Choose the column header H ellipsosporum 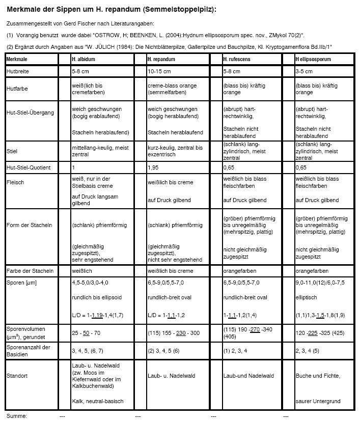pos(313,60)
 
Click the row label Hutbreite pos(18,72)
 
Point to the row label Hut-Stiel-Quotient pos(29,167)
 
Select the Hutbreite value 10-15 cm pos(159,72)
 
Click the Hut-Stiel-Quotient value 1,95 pos(152,167)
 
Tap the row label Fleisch pos(15,182)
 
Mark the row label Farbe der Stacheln pos(30,271)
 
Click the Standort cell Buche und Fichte pos(317,376)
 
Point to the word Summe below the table pos(16,416)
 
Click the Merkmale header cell pos(17,60)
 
